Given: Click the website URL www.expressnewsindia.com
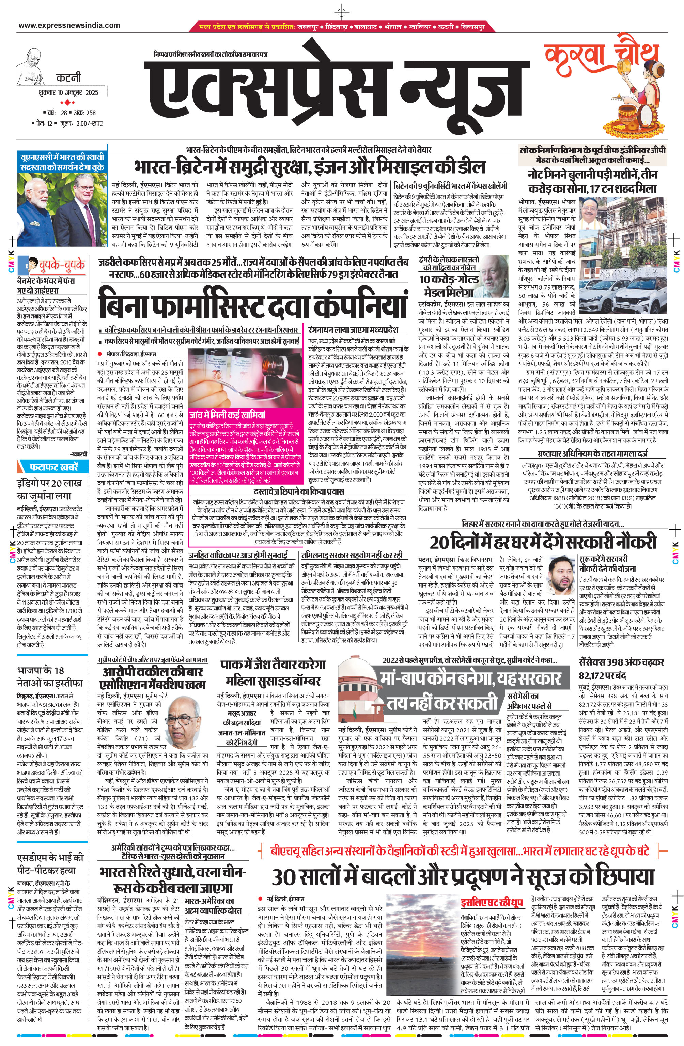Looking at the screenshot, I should (x=69, y=26).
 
